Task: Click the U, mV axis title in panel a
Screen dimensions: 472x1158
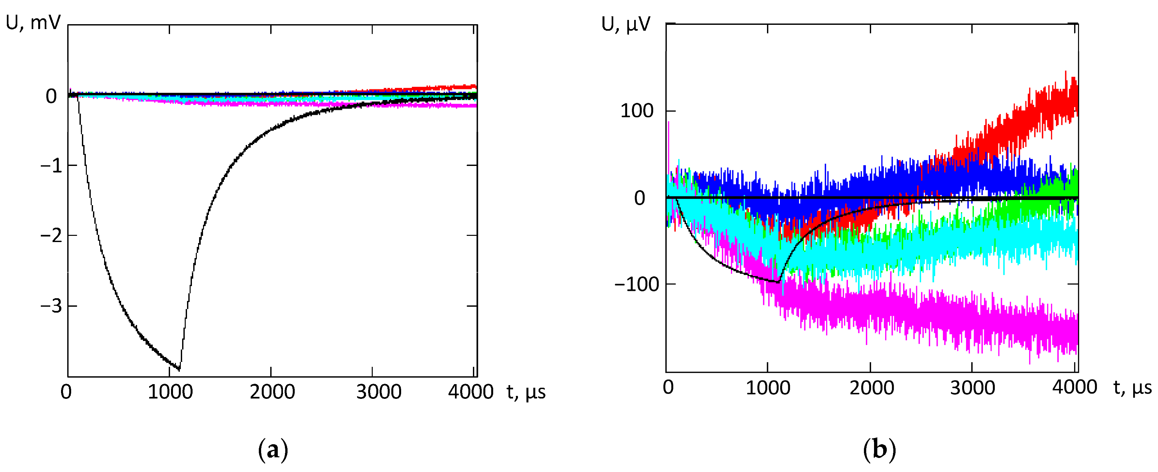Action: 33,22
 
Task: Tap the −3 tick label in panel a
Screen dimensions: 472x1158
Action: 51,306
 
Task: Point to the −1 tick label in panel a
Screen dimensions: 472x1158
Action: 51,166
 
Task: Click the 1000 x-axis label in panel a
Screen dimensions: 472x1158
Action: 170,392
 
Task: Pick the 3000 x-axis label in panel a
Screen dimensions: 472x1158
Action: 379,392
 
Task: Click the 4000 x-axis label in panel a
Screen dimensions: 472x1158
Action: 470,392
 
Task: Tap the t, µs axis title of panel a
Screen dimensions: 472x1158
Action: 526,392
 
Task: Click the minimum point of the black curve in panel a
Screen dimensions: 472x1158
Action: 180,370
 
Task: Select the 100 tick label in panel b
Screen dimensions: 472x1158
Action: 636,111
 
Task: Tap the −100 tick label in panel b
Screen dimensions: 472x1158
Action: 636,285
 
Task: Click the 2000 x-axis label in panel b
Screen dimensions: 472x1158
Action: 871,388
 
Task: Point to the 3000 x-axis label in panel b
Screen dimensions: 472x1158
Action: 972,388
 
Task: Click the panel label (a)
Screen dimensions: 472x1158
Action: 273,449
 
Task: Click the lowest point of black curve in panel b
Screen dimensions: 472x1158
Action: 778,282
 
